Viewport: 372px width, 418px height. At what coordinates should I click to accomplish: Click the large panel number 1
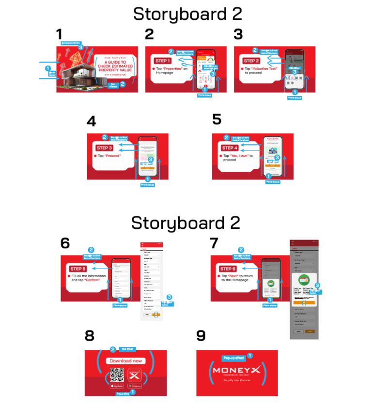coord(59,35)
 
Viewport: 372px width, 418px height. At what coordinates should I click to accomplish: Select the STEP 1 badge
coord(163,61)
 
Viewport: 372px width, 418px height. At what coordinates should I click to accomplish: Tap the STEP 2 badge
coord(251,61)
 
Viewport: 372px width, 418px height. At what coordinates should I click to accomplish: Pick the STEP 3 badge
coord(104,148)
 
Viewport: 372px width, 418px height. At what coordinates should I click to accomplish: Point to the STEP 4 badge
coord(230,148)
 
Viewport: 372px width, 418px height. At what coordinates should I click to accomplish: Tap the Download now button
coord(125,361)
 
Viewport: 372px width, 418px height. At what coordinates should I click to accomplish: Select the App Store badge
coord(117,387)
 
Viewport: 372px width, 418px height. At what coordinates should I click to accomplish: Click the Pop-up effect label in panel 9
coord(233,358)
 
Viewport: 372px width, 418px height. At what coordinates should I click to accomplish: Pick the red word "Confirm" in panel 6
coord(93,280)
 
